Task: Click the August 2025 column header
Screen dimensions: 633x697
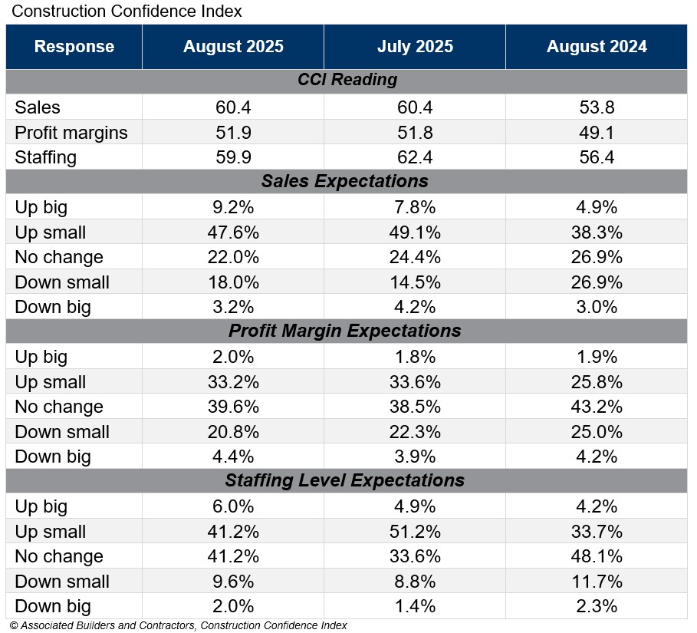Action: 233,46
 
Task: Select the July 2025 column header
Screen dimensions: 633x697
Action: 415,46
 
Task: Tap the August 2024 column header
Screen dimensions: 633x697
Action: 597,46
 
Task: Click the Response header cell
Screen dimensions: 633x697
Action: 74,46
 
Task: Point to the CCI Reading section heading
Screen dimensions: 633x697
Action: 347,80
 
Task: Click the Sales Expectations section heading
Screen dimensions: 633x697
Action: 344,181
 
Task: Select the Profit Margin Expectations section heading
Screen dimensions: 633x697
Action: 344,331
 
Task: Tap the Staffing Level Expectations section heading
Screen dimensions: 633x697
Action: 344,480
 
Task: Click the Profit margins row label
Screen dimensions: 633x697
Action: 71,133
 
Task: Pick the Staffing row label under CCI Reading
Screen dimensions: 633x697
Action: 46,157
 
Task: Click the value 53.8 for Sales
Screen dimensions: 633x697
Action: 597,107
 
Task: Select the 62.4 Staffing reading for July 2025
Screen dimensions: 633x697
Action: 415,157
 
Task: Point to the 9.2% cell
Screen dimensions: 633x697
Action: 233,207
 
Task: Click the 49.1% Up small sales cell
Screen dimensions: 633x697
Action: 415,232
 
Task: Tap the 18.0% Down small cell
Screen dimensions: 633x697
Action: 233,282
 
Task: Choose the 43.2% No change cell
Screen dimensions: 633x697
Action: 597,407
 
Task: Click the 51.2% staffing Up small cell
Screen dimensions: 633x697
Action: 415,532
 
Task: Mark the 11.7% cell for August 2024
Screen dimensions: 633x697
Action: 597,582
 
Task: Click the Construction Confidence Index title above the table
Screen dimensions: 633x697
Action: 127,12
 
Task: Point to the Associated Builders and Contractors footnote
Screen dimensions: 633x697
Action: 179,625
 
